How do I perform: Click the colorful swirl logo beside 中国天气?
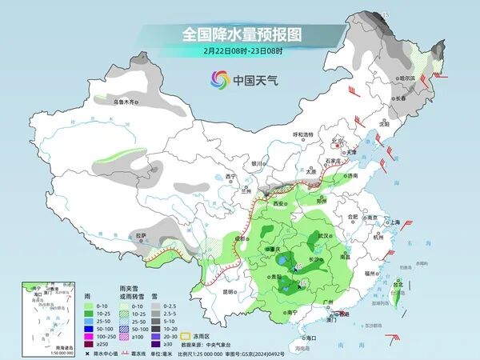(x=219, y=79)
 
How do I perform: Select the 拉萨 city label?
(x=142, y=235)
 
